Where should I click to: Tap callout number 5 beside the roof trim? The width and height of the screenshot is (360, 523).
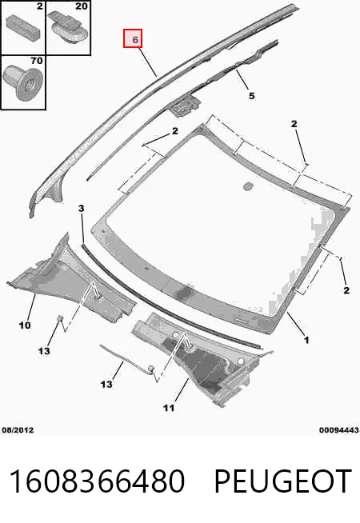coord(252,96)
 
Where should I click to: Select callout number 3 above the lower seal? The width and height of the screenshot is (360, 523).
coord(82,209)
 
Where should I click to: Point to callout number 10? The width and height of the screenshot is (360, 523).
coord(25,325)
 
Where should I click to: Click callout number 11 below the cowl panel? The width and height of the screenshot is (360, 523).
coord(169,408)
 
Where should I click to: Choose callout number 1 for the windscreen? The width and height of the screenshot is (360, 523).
coord(306,340)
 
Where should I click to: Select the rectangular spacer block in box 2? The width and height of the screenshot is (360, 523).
coord(23,26)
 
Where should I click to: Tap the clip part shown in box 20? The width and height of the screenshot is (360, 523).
coord(68,26)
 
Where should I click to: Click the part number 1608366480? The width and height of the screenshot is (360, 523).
coord(97,481)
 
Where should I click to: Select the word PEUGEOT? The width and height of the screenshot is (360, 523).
coord(283,481)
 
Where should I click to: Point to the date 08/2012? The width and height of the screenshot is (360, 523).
coord(18,430)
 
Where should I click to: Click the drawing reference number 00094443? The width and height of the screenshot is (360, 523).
coord(339,430)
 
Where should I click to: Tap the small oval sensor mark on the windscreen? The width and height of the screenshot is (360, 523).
coord(247,186)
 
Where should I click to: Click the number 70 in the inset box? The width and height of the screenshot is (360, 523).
coord(36,61)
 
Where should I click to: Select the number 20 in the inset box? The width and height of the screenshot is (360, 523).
coord(81,6)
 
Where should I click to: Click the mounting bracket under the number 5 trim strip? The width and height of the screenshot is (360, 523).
coord(186,106)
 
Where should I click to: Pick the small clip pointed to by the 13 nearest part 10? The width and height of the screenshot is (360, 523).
coord(60,317)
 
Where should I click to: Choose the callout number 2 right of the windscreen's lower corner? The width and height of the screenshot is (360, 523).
coord(346,290)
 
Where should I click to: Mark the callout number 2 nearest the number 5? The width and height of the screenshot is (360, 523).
coord(294,124)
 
